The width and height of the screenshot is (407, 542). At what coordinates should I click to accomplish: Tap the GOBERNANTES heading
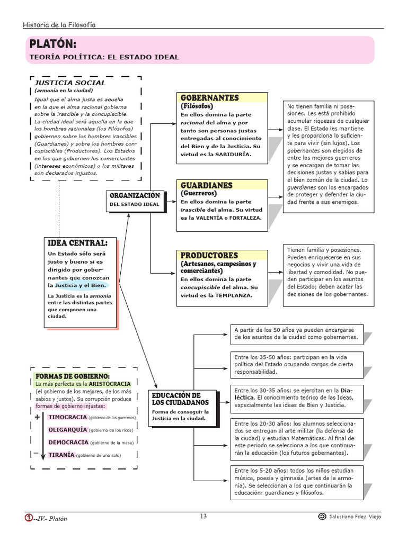(210, 98)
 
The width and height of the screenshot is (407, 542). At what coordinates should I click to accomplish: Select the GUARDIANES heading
(207, 185)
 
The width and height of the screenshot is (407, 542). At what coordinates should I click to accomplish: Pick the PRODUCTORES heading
(209, 255)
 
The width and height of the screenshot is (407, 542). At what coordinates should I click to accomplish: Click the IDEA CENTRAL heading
(77, 243)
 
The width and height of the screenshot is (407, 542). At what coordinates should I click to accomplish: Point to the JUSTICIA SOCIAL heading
(70, 83)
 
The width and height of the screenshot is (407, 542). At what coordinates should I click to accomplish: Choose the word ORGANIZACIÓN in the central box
(135, 196)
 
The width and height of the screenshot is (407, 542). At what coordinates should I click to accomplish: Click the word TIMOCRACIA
(68, 417)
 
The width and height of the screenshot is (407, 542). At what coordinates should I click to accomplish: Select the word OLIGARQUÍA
(68, 430)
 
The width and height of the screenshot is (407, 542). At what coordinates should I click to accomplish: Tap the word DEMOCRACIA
(68, 442)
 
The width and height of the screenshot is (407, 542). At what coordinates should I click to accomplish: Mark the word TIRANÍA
(61, 455)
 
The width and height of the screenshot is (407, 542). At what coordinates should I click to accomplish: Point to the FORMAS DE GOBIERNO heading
(73, 376)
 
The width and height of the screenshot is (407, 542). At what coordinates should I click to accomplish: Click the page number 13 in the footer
(203, 517)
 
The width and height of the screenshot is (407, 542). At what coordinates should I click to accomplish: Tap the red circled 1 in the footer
(29, 518)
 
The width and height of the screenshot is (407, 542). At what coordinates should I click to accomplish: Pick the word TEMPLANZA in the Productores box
(234, 295)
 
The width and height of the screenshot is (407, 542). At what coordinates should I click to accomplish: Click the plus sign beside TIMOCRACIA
(37, 417)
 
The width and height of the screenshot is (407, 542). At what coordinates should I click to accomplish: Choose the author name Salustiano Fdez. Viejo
(355, 517)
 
